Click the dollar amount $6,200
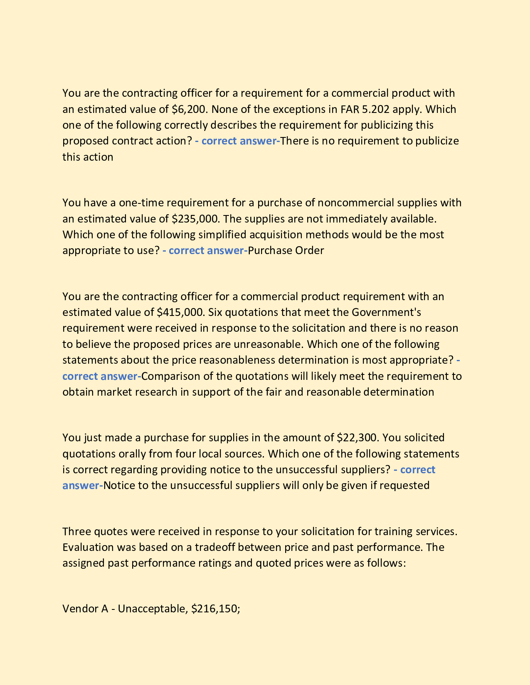(x=188, y=109)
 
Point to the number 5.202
(x=376, y=109)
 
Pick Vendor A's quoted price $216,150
(x=214, y=609)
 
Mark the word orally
(x=131, y=453)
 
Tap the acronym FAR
(x=350, y=109)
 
